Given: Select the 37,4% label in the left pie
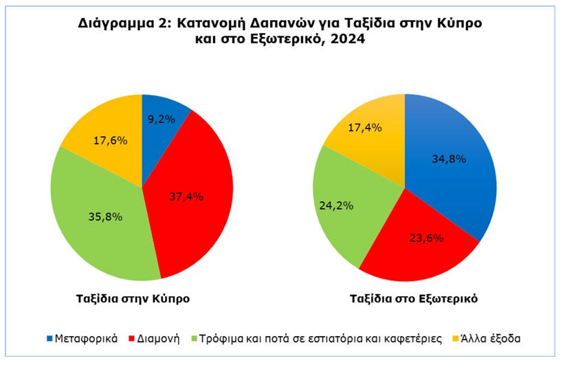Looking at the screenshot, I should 186,197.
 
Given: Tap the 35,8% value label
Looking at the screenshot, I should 106,217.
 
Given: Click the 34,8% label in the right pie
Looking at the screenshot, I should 450,159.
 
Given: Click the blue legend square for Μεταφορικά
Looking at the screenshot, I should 49,339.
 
